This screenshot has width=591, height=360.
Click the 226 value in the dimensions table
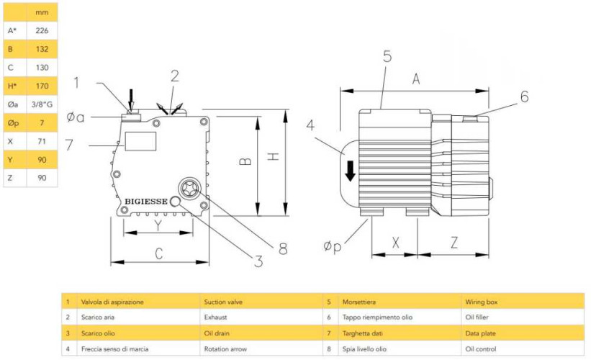[42, 31]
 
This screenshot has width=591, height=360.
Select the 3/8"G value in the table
[42, 104]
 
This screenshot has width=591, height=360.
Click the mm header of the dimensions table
[42, 13]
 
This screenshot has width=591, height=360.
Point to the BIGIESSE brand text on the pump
[146, 202]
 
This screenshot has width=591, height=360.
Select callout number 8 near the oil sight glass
[283, 248]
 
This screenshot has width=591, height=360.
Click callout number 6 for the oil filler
[524, 96]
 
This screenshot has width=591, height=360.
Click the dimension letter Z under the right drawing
[454, 243]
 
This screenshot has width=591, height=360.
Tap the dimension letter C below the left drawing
[159, 252]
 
